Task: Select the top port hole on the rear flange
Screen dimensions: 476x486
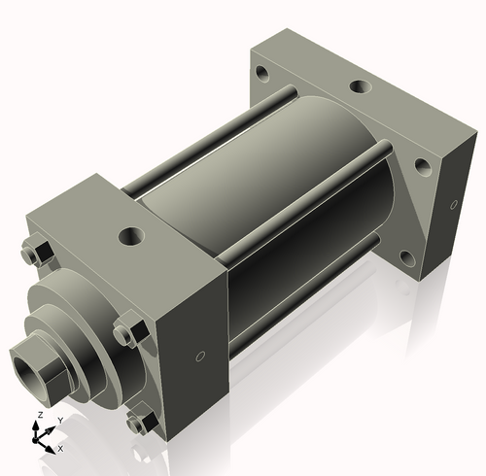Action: pyautogui.click(x=359, y=88)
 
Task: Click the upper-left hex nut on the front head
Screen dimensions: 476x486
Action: pyautogui.click(x=40, y=251)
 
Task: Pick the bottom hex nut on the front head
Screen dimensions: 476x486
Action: pyautogui.click(x=143, y=422)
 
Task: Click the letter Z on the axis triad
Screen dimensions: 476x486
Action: pyautogui.click(x=39, y=415)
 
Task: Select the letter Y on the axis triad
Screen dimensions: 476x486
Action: pyautogui.click(x=60, y=420)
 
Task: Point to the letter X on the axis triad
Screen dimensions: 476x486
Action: pyautogui.click(x=60, y=449)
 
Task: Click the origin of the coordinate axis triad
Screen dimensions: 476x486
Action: pyautogui.click(x=41, y=439)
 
